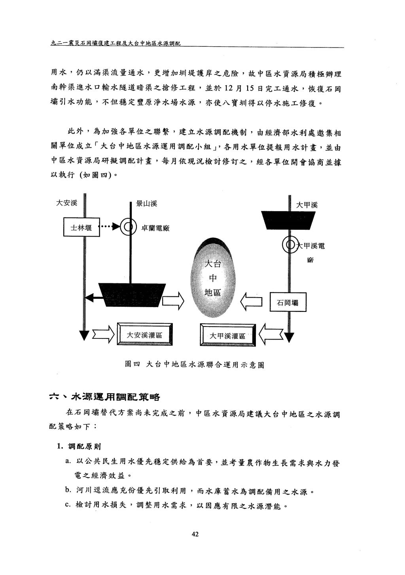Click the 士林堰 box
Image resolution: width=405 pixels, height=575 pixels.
pyautogui.click(x=81, y=227)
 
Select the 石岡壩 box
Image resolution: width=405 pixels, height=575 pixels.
pyautogui.click(x=288, y=302)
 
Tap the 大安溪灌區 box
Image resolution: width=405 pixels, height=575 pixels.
pyautogui.click(x=145, y=334)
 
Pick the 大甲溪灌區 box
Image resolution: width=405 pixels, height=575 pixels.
pyautogui.click(x=228, y=335)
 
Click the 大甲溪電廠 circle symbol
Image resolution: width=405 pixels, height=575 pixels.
pyautogui.click(x=290, y=245)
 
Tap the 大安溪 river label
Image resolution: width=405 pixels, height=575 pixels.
pyautogui.click(x=66, y=203)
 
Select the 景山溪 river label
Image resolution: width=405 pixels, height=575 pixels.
pyautogui.click(x=146, y=204)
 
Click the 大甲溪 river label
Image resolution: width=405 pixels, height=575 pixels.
pyautogui.click(x=307, y=204)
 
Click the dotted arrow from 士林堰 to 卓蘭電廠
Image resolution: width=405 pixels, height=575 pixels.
pyautogui.click(x=110, y=227)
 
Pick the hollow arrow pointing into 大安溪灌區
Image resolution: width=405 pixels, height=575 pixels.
pyautogui.click(x=103, y=334)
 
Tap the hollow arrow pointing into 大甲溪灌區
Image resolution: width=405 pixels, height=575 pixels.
pyautogui.click(x=271, y=334)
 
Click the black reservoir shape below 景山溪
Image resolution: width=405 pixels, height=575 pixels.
pyautogui.click(x=132, y=295)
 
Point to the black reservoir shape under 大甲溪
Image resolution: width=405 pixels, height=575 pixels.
pyautogui.click(x=288, y=220)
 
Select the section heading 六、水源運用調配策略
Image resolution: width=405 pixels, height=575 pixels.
pyautogui.click(x=104, y=397)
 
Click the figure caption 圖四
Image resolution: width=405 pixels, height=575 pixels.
pyautogui.click(x=132, y=364)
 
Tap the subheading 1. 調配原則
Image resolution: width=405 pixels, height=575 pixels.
pyautogui.click(x=79, y=446)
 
